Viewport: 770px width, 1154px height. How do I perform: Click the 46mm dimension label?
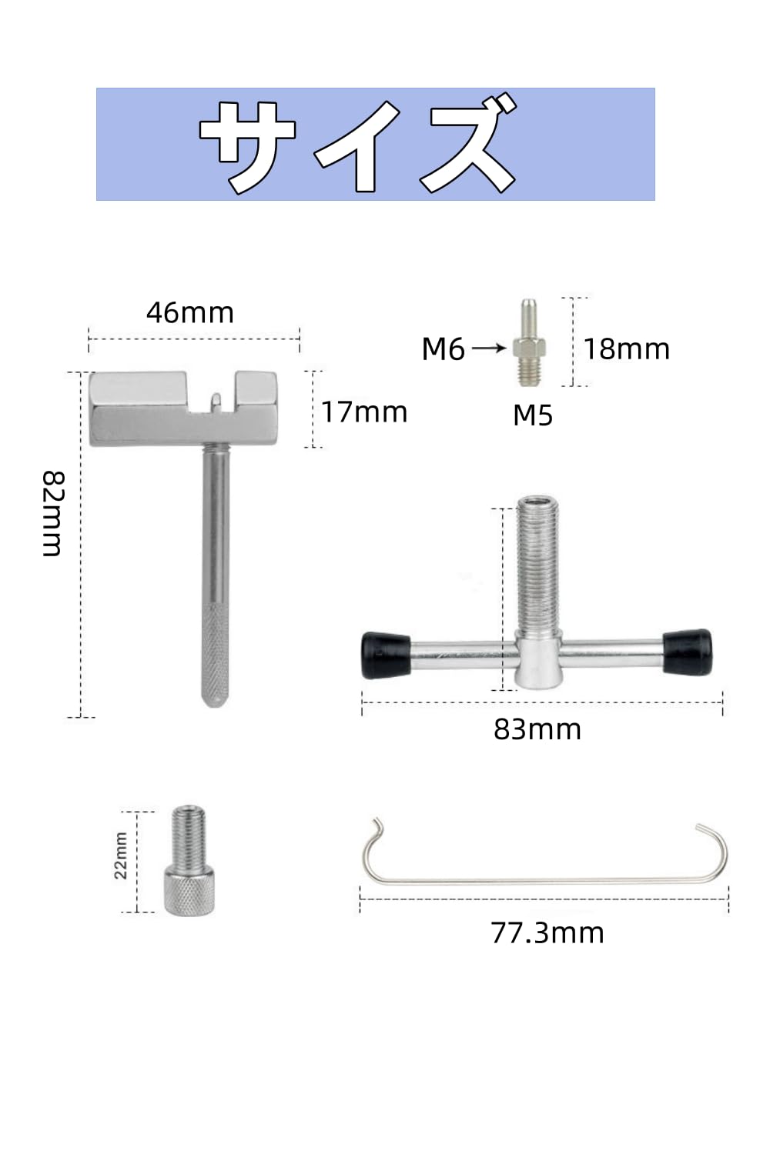pos(189,312)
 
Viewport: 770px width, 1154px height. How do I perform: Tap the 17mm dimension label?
pos(364,412)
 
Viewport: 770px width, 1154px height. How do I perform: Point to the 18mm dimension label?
pos(627,349)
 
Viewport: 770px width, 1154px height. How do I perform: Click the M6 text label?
pos(443,349)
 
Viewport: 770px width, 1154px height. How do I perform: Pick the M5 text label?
pos(533,415)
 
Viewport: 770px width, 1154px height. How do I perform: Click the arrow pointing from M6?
pos(489,349)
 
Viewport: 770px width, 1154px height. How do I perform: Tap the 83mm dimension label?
pos(537,729)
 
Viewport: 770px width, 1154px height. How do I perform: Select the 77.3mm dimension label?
pos(547,933)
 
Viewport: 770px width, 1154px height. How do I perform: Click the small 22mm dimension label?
pos(121,855)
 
